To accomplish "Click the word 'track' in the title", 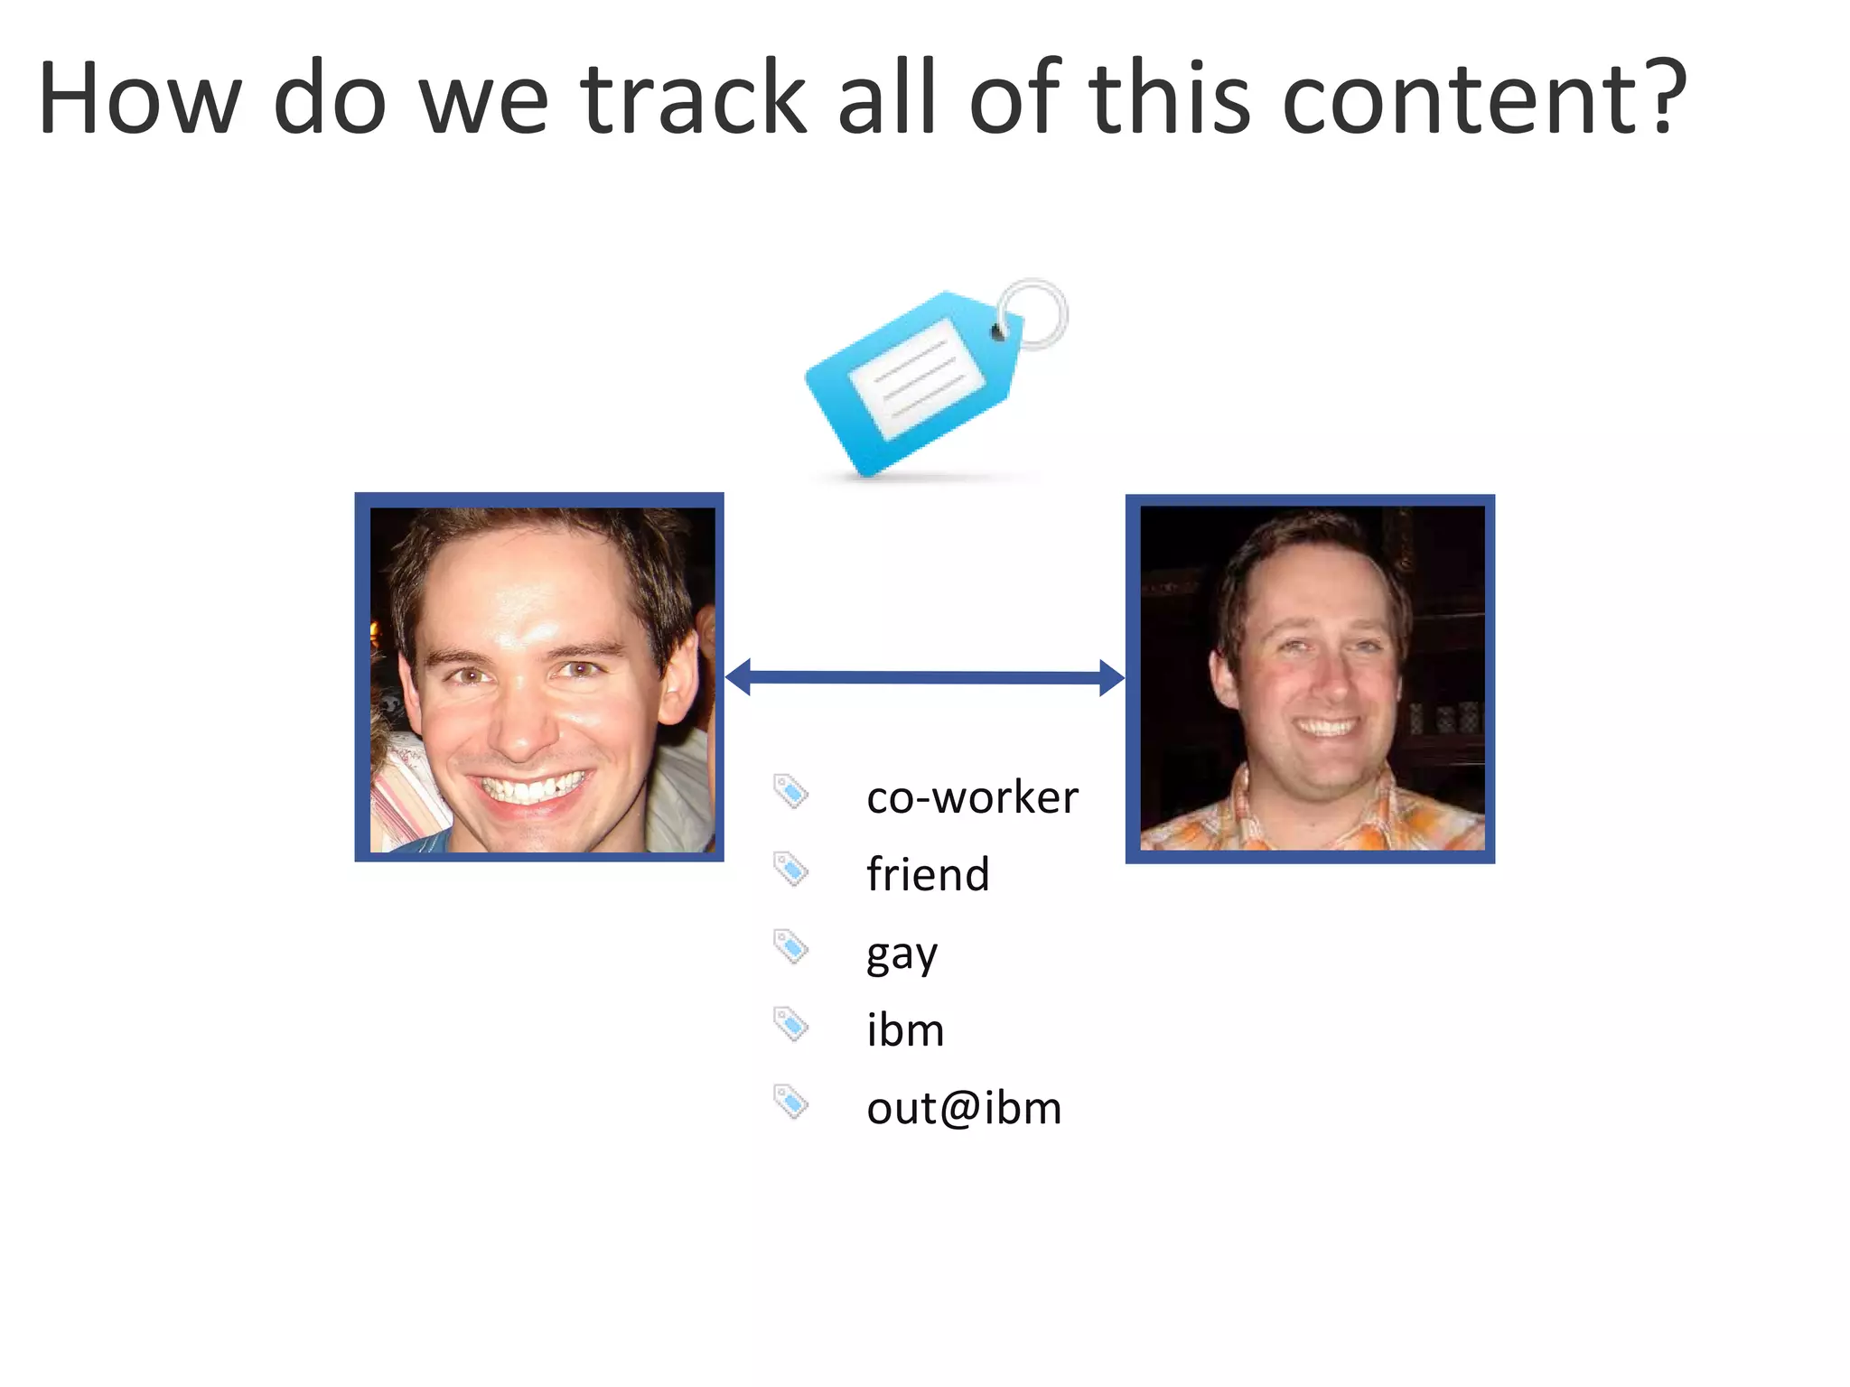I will point(693,98).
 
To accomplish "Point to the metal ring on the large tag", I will point(1035,312).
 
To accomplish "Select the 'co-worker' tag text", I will point(972,797).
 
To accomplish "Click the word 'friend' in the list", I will point(928,874).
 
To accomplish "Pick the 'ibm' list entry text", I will point(905,1029).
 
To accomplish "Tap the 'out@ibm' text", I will point(964,1107).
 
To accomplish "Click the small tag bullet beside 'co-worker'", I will point(790,792).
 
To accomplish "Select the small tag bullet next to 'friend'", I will point(790,870).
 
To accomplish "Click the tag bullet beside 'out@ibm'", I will point(790,1102).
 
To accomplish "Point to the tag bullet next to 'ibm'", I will point(790,1025).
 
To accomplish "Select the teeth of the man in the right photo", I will point(1325,727).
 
